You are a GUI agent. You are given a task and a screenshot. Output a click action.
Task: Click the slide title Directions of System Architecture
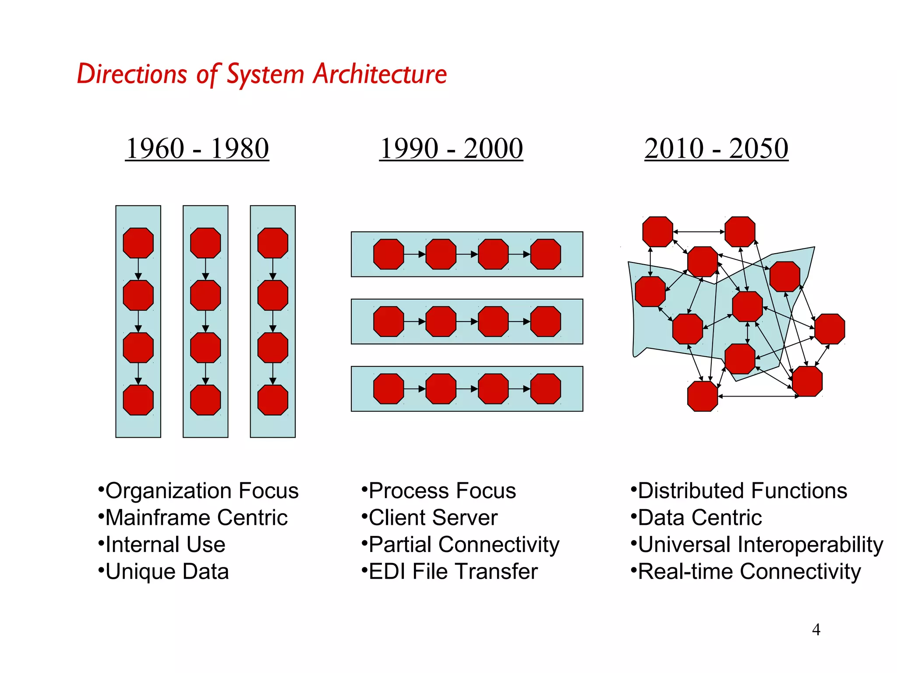coord(262,74)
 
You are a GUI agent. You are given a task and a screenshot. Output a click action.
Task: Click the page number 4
coord(816,630)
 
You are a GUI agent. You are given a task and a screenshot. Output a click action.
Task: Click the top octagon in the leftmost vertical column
coord(138,243)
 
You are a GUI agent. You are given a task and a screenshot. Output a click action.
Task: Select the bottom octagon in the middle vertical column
coord(205,400)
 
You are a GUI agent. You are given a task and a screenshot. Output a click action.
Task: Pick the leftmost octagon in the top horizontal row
coord(388,254)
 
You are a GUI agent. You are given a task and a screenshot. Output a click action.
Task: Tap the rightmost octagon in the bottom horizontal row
coord(545,389)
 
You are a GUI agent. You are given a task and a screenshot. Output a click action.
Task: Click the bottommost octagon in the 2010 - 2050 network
coord(703,396)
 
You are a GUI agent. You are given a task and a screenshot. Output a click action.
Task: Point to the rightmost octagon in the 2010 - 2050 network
coord(830,329)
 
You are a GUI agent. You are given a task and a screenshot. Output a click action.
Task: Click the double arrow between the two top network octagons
coord(699,232)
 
